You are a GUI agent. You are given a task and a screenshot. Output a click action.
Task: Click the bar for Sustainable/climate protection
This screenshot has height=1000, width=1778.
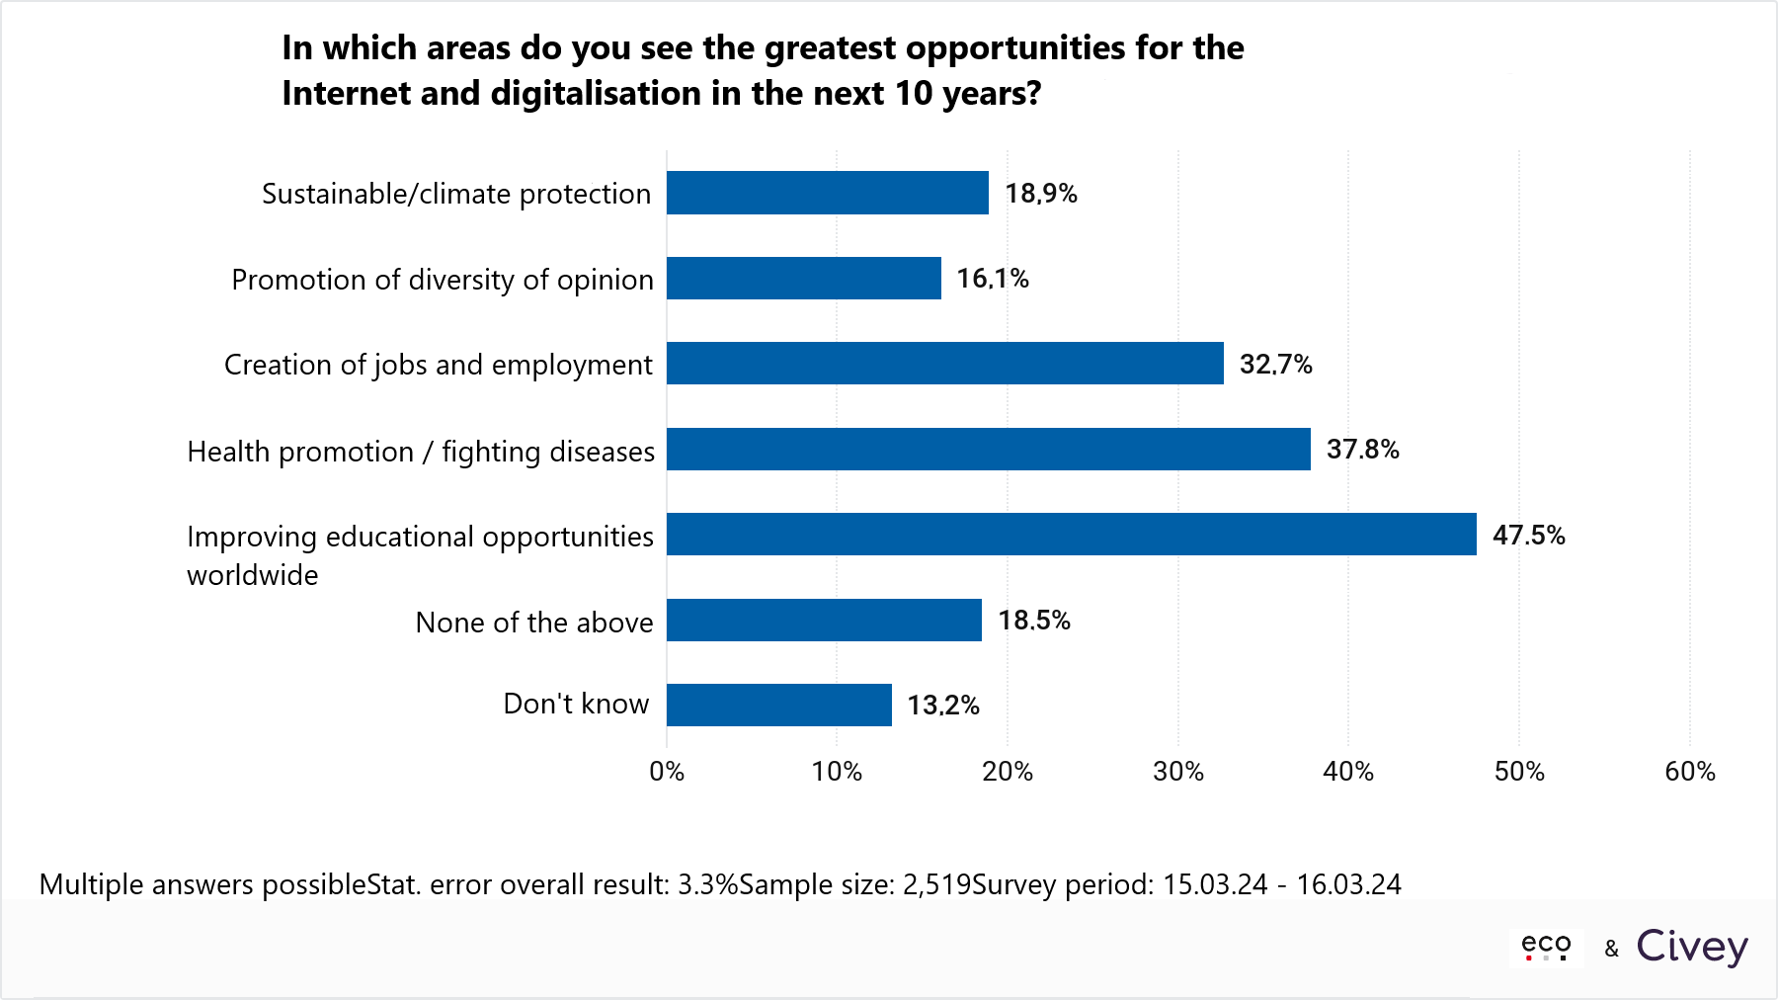[827, 193]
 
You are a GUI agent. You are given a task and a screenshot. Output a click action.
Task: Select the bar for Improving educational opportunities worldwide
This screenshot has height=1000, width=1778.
[1071, 535]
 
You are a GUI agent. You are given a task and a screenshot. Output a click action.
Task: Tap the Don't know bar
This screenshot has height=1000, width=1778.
[778, 706]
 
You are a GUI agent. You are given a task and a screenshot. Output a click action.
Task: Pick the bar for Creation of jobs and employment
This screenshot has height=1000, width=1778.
[944, 364]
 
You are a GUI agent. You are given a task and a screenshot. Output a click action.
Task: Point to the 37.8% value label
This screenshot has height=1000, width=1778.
[1362, 450]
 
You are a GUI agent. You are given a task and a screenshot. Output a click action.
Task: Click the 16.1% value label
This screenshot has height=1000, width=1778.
[993, 279]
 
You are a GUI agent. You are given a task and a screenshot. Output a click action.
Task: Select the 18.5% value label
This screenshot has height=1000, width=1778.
[1034, 621]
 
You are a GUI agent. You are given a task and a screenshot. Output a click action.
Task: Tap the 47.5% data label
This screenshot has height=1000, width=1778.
[1528, 536]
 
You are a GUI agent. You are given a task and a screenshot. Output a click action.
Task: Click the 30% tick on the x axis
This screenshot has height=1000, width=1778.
[1178, 772]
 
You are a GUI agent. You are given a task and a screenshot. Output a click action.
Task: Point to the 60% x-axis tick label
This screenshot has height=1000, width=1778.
[1690, 772]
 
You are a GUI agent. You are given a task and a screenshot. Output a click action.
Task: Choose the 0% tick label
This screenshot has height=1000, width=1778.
[667, 772]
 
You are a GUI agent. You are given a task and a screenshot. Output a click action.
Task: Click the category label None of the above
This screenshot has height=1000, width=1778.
[534, 623]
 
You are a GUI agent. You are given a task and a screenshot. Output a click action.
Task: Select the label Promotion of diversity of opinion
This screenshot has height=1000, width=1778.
[443, 280]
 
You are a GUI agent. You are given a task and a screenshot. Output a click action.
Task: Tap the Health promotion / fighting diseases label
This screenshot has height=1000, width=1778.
[421, 452]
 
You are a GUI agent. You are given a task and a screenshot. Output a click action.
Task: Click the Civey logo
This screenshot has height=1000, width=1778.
[1692, 947]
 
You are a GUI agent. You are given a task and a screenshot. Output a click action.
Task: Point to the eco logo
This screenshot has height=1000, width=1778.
[1546, 947]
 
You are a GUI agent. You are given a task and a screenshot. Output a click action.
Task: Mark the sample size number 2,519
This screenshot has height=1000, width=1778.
[936, 884]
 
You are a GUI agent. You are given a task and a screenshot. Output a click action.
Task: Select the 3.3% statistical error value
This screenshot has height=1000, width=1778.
[707, 884]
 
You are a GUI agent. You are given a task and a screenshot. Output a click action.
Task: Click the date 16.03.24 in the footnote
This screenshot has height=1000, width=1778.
[1348, 884]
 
